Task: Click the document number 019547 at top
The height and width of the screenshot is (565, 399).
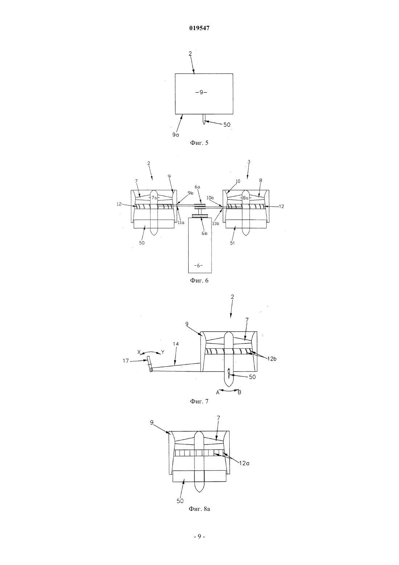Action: pyautogui.click(x=199, y=28)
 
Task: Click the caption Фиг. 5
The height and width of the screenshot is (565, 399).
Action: pyautogui.click(x=199, y=143)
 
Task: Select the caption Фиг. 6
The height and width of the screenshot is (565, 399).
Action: pyautogui.click(x=199, y=280)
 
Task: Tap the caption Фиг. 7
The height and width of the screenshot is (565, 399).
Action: pyautogui.click(x=199, y=401)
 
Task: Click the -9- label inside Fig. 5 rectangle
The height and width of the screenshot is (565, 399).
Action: pyautogui.click(x=201, y=92)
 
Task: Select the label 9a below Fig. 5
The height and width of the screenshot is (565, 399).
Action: pyautogui.click(x=176, y=135)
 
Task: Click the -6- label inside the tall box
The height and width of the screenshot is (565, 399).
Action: pyautogui.click(x=199, y=265)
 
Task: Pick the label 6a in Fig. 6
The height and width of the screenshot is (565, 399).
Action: pyautogui.click(x=197, y=187)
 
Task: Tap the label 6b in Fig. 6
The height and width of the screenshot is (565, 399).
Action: pyautogui.click(x=204, y=233)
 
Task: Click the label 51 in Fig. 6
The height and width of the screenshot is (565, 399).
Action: pyautogui.click(x=232, y=243)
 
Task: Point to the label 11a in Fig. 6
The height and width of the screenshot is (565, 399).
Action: pyautogui.click(x=181, y=223)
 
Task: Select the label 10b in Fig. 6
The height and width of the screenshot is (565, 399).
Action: pyautogui.click(x=210, y=198)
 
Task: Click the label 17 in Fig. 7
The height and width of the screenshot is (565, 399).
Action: pyautogui.click(x=126, y=361)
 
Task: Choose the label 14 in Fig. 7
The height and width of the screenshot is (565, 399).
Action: pyautogui.click(x=176, y=344)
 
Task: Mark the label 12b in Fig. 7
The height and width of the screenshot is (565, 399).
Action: pyautogui.click(x=272, y=359)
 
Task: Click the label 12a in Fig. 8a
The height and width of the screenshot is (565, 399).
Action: pyautogui.click(x=244, y=463)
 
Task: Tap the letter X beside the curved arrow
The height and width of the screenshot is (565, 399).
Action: pyautogui.click(x=139, y=352)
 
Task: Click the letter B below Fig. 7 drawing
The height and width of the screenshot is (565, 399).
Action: pyautogui.click(x=239, y=392)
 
